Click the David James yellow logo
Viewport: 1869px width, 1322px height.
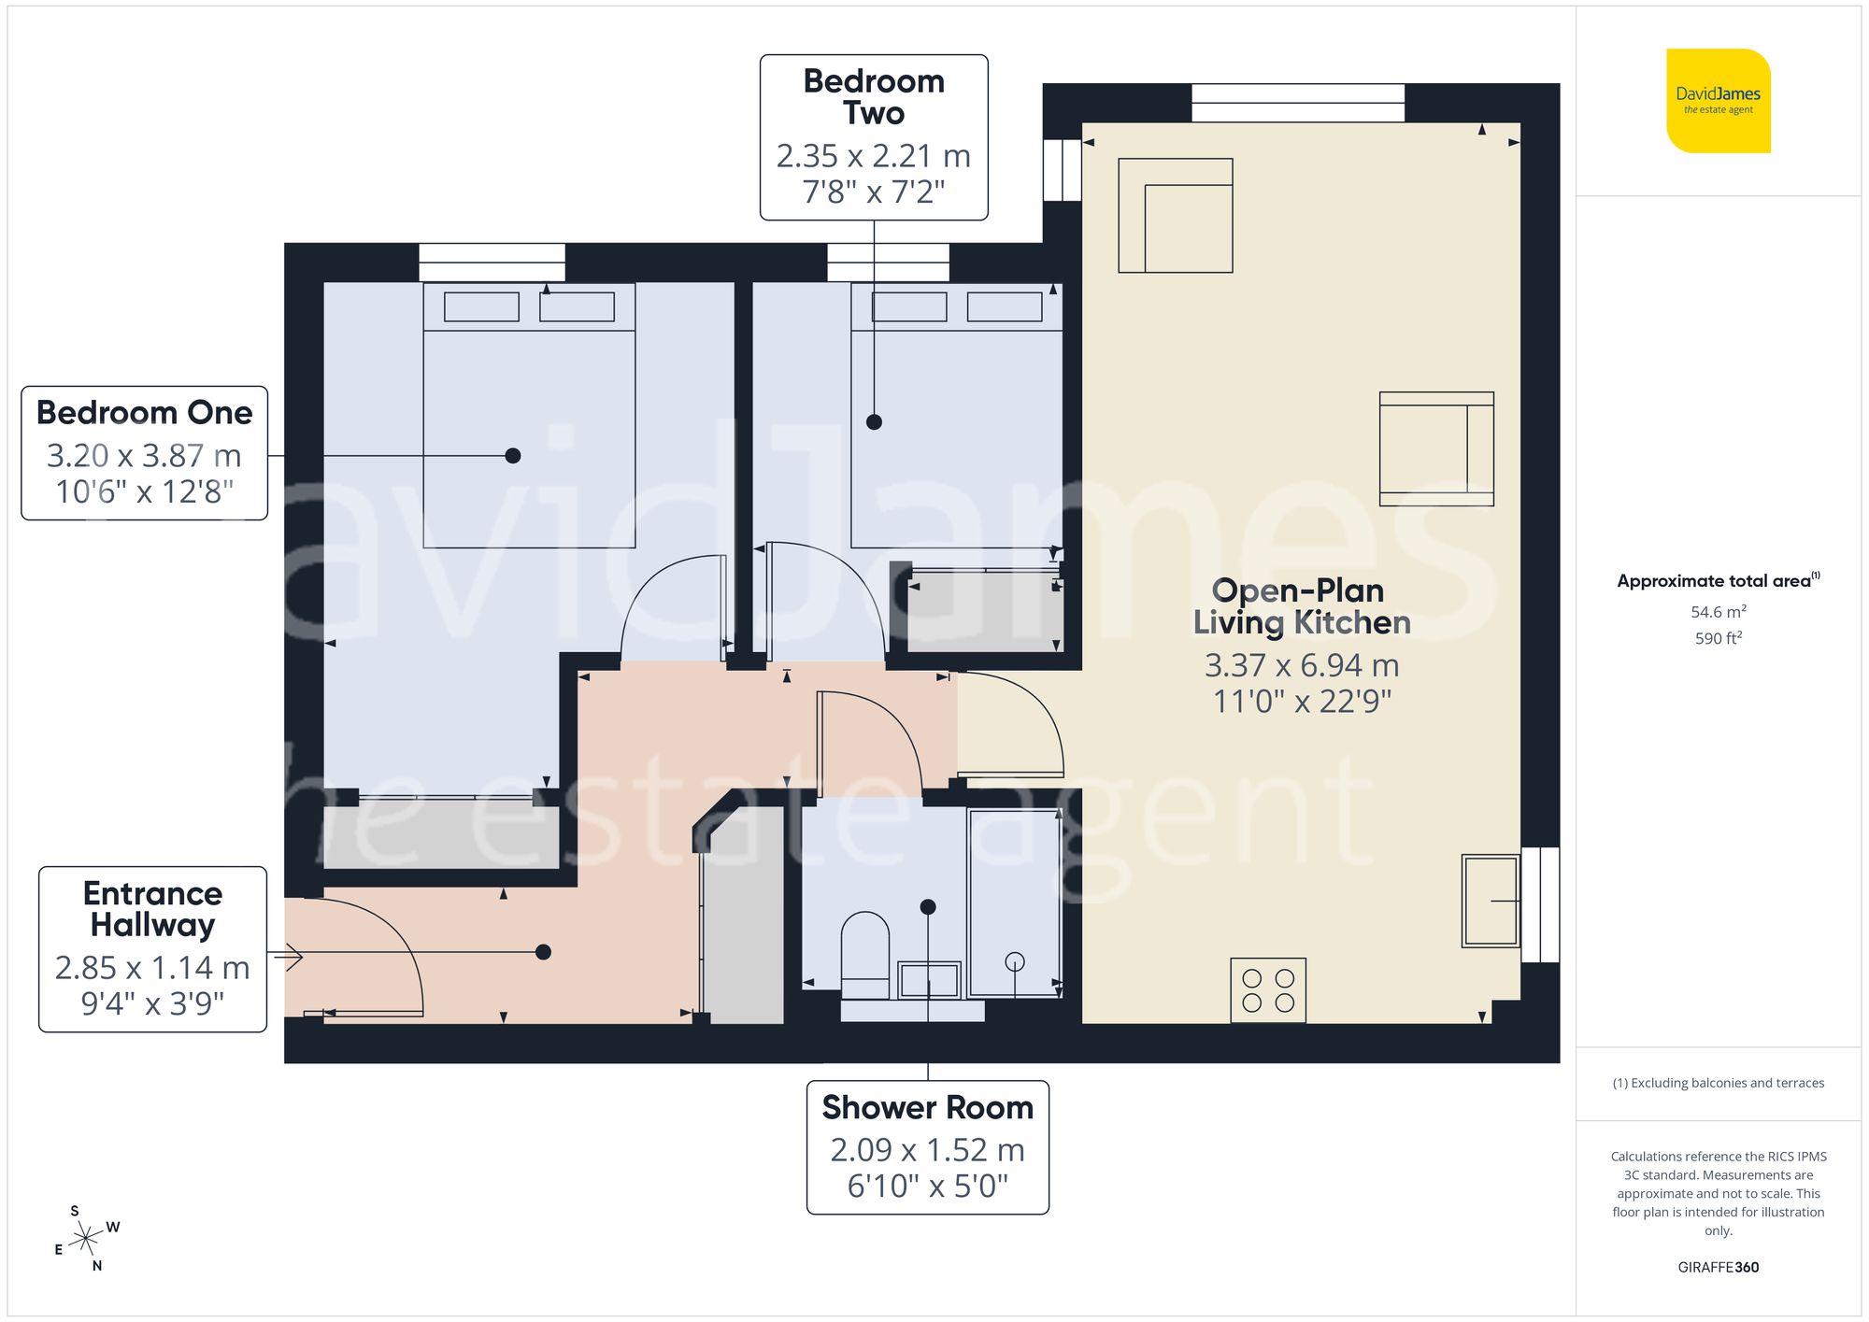coord(1718,101)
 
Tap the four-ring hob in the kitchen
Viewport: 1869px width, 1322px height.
coord(1268,990)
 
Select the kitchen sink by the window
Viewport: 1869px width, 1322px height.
coord(1491,901)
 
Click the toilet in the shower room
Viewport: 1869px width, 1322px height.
coord(865,953)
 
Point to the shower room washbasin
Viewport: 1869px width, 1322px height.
coord(929,980)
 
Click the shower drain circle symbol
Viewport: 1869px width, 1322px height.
coord(1015,960)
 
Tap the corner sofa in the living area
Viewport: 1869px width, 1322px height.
coord(1175,216)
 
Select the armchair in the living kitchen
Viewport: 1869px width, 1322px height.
coord(1436,448)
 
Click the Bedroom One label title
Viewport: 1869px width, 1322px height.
coord(145,412)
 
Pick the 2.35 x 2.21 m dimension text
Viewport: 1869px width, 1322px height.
coord(874,156)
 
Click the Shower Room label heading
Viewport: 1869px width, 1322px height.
coord(927,1107)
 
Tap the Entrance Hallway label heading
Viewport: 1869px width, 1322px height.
coord(152,908)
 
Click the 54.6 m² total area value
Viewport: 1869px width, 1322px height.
coord(1718,612)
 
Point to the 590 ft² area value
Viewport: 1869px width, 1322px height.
coord(1718,638)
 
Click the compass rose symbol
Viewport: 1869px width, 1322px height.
coord(86,1239)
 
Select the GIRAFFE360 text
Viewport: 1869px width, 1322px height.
coord(1718,1267)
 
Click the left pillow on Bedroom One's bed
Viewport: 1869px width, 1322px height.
coord(481,306)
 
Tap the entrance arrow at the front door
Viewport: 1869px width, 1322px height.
coord(291,957)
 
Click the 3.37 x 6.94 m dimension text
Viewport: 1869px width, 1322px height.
coord(1301,665)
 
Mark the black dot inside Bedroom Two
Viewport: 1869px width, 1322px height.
coord(874,422)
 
